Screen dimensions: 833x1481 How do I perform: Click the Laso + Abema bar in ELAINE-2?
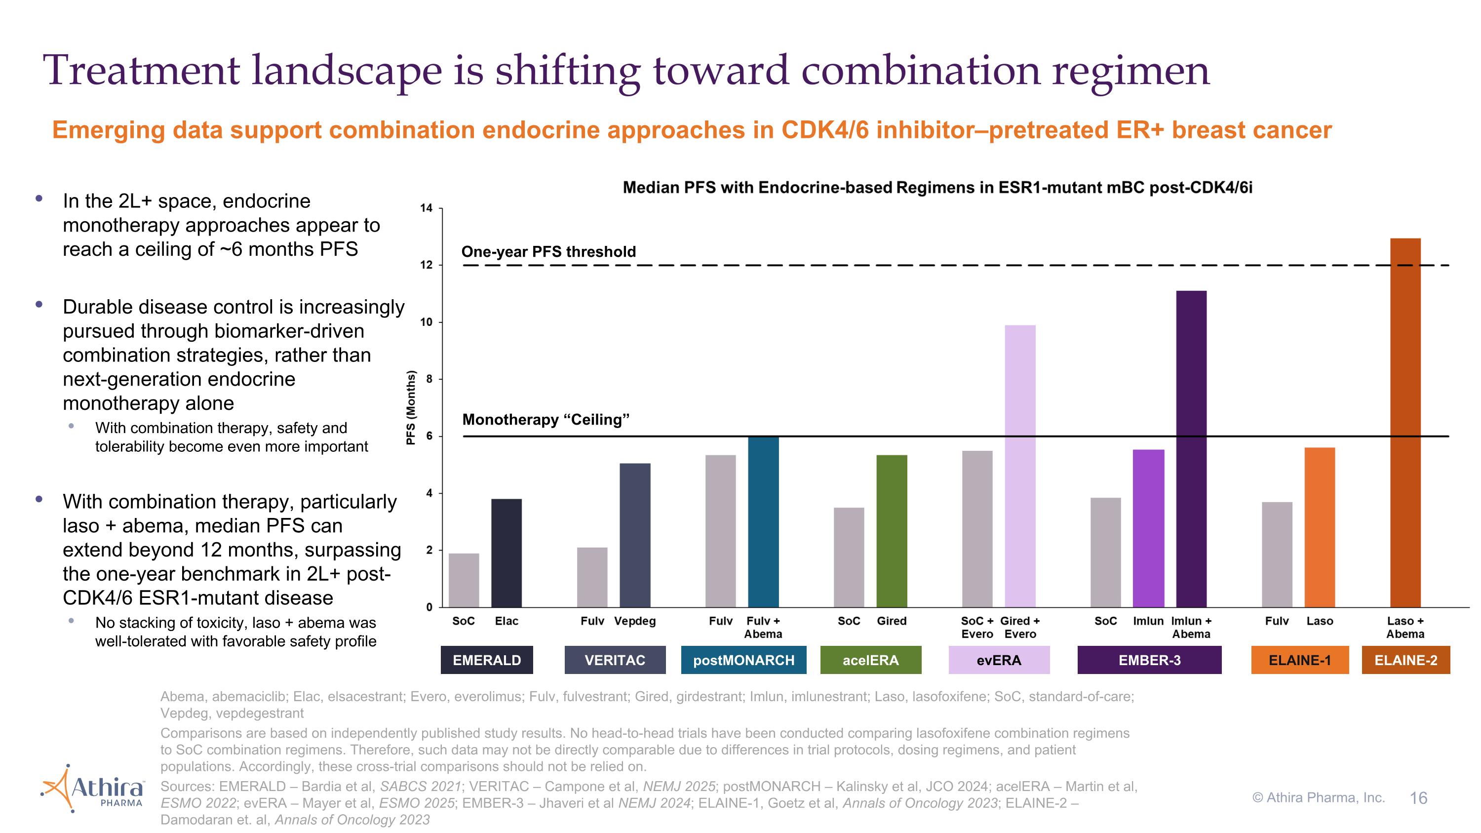[1404, 423]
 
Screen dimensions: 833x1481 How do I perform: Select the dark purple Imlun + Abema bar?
[1191, 449]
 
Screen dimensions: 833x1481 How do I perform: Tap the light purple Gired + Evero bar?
[1020, 466]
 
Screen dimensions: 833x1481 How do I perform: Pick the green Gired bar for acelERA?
[891, 531]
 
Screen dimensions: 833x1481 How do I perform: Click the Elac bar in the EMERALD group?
[506, 553]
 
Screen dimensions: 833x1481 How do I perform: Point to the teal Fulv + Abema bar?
[763, 522]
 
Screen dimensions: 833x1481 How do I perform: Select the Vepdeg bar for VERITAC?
[635, 535]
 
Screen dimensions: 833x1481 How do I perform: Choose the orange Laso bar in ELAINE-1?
[1320, 527]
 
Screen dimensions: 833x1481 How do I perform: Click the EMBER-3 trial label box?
[1149, 660]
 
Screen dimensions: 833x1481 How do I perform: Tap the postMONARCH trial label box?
[743, 660]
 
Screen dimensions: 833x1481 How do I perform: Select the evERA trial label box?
[999, 660]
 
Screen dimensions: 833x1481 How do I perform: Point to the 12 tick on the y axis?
[426, 266]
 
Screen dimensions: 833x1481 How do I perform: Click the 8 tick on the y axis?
[429, 379]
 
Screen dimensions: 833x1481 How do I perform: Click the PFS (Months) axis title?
[411, 407]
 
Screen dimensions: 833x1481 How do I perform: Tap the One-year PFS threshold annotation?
[548, 252]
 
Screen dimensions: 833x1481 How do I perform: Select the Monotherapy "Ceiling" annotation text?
[546, 420]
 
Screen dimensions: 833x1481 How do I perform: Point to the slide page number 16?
[1418, 798]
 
